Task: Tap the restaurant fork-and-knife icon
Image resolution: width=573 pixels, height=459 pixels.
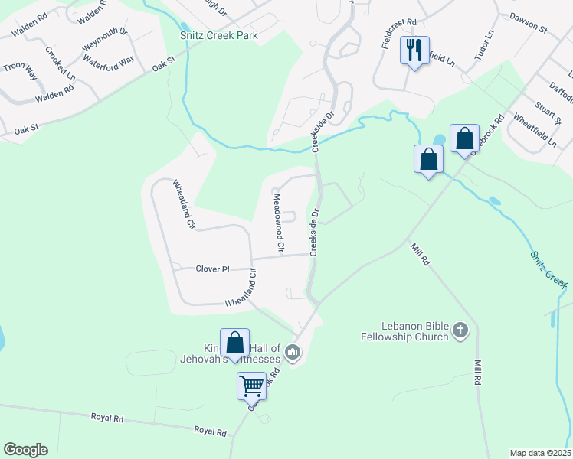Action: coord(414,51)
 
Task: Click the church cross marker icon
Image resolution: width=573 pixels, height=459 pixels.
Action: coord(460,330)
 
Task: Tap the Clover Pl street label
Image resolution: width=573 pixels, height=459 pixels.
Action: coord(212,269)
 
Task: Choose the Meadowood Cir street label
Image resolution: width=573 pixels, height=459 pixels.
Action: coord(279,223)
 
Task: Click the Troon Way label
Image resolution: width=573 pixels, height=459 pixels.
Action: coord(20,71)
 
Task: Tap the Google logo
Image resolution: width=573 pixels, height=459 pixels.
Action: coord(25,450)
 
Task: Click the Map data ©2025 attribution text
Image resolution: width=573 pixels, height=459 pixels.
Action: coord(540,452)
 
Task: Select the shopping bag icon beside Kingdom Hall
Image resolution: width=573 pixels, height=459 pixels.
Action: coord(234,342)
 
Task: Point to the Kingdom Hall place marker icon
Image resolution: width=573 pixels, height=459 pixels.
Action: coord(292,353)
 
